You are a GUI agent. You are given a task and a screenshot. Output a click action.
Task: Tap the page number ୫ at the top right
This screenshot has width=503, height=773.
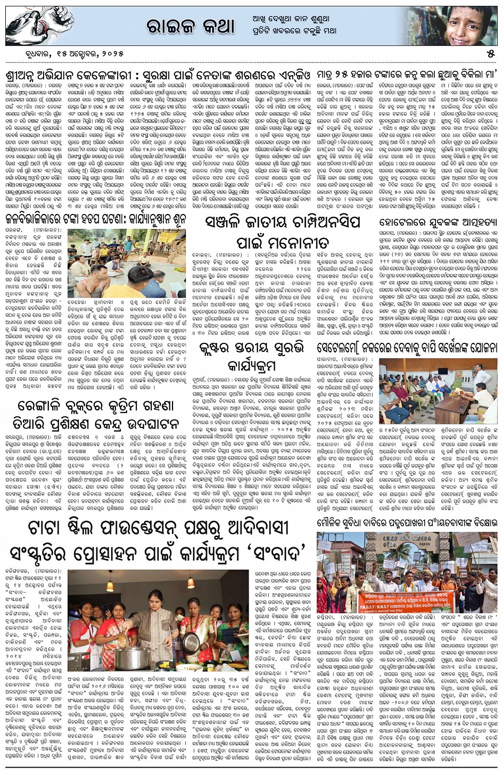coord(490,54)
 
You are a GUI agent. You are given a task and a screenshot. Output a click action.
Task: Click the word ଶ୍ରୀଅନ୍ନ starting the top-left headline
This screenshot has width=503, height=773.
coord(27,71)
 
